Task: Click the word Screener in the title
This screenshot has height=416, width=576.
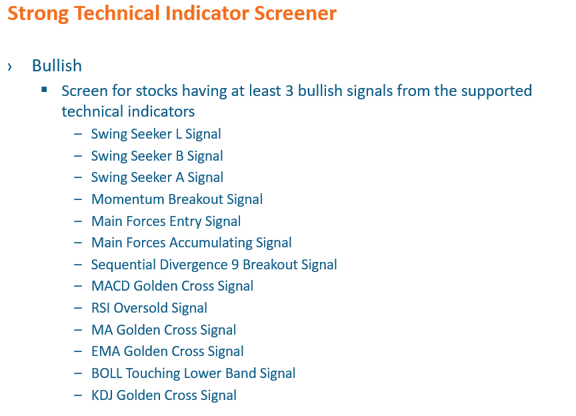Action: (295, 13)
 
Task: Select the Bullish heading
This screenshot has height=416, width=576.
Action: (57, 66)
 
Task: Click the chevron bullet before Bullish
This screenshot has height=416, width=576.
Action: (9, 67)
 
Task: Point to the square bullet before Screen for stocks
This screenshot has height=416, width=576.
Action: (45, 89)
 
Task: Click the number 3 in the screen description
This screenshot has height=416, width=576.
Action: (289, 91)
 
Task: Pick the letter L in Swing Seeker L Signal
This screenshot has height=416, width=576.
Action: (179, 134)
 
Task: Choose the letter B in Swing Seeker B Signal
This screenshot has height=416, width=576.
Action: (179, 156)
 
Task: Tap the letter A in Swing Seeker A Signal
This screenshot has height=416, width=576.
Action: (179, 177)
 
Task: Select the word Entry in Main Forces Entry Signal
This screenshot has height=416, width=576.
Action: (185, 221)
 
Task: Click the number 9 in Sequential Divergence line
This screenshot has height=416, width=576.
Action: (235, 265)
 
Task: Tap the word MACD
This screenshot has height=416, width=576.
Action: (111, 286)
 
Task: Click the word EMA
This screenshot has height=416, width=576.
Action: (106, 351)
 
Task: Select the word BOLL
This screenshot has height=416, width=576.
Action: (107, 373)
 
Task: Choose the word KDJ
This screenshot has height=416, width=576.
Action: (103, 395)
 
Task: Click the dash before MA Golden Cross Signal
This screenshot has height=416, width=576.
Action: (78, 330)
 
